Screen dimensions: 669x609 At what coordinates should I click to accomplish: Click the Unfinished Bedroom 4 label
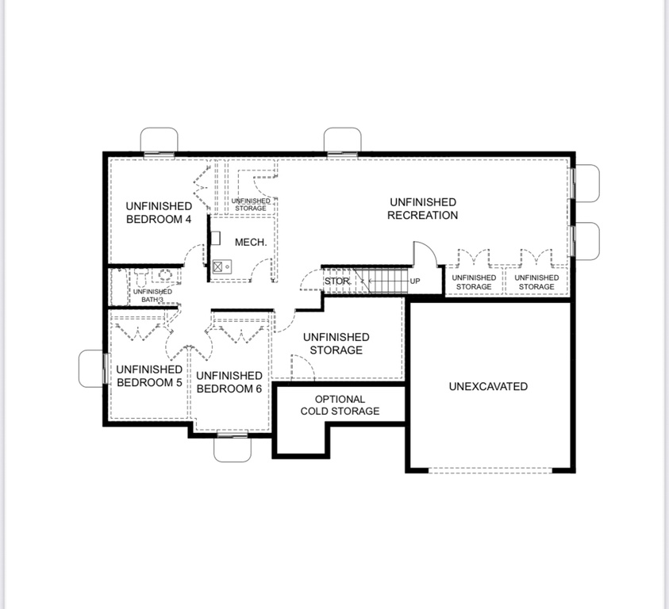159,213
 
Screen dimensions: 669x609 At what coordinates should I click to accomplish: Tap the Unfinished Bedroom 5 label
149,376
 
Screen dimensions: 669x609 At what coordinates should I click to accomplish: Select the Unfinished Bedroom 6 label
229,382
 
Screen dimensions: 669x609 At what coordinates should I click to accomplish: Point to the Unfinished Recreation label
423,209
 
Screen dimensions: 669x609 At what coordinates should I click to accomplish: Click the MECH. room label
251,242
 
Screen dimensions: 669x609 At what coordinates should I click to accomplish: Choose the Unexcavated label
488,386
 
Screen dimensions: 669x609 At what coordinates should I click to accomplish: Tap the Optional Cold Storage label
340,405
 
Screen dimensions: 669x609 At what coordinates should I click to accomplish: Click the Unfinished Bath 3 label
152,296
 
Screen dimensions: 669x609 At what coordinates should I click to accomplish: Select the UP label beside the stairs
415,281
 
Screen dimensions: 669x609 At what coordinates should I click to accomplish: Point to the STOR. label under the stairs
337,281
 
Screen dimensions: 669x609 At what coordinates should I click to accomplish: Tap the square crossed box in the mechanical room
217,267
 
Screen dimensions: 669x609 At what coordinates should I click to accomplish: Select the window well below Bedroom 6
232,450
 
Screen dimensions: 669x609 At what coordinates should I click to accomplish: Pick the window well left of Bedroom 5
91,369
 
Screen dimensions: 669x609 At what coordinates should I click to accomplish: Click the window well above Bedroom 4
160,140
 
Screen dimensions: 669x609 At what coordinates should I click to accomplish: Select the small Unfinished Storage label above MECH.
251,205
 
